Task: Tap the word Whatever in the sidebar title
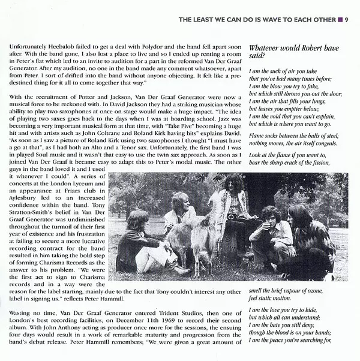[268, 46]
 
